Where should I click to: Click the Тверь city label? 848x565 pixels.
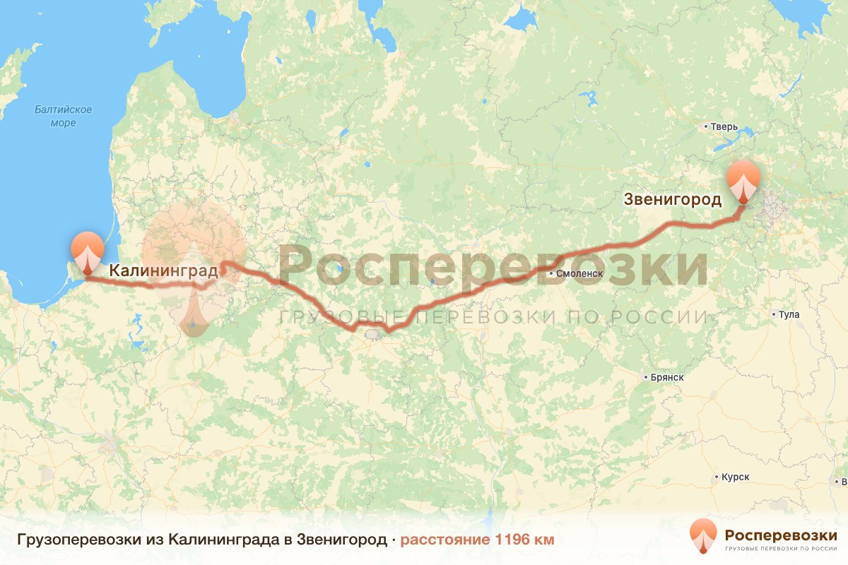coord(724,127)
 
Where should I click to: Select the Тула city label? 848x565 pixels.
coord(788,314)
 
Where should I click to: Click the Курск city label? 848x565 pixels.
coord(735,477)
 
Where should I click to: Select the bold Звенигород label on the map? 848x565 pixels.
coord(673,199)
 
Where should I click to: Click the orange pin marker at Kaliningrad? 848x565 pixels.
coord(87,251)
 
